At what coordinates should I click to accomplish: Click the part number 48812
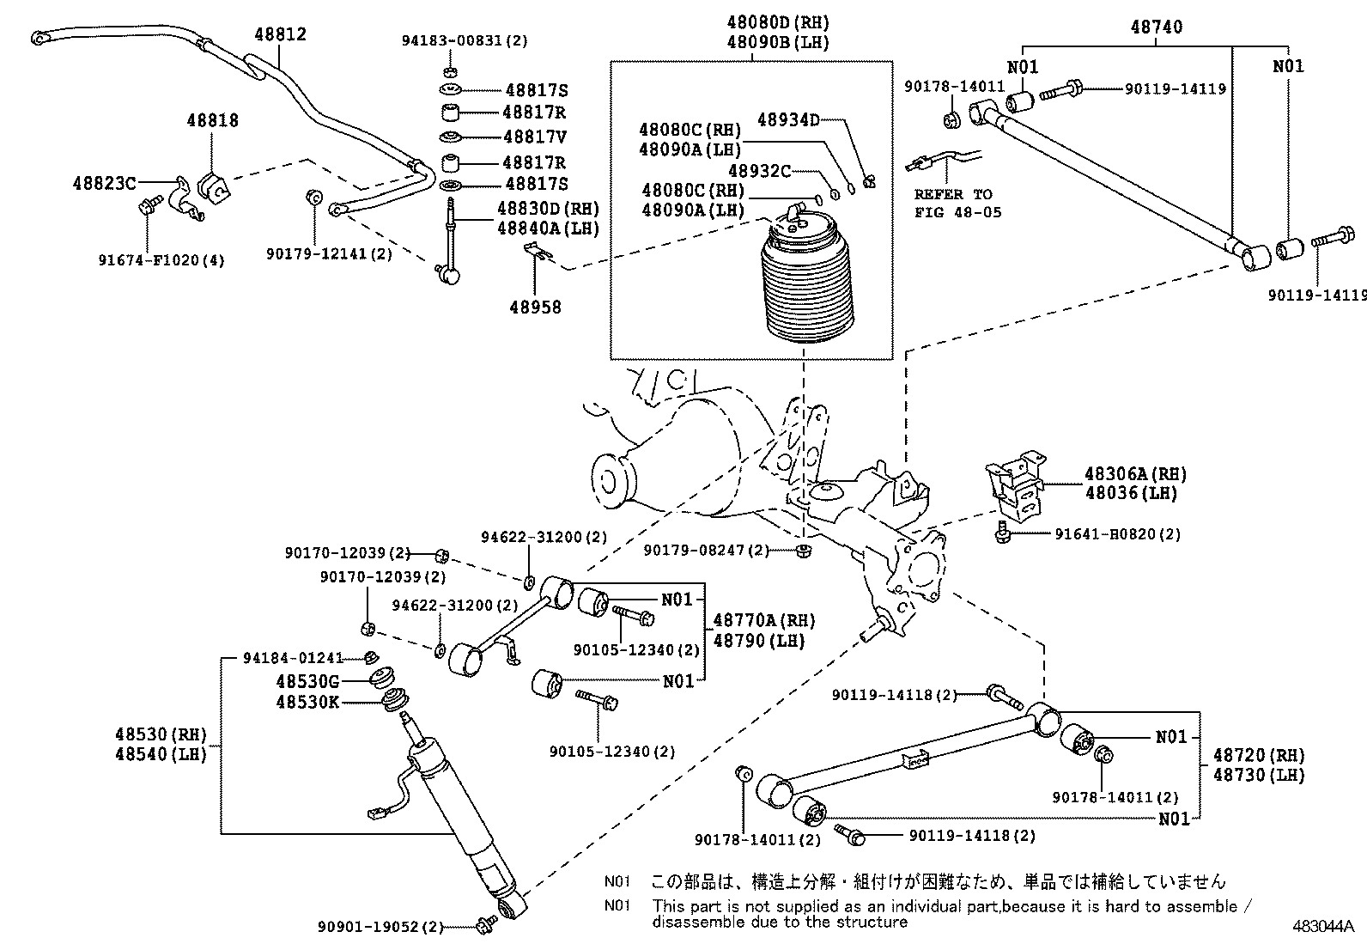[x=280, y=35]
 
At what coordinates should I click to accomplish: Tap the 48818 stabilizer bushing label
[x=212, y=121]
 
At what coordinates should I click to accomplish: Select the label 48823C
[x=104, y=183]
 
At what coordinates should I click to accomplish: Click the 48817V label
[x=535, y=137]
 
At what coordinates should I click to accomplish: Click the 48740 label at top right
[x=1156, y=27]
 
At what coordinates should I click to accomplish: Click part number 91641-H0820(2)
[x=1117, y=534]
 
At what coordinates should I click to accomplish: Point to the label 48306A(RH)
[x=1135, y=473]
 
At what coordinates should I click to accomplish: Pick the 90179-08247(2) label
[x=706, y=551]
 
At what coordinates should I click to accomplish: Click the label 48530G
[x=307, y=681]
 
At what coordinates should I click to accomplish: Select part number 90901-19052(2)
[x=380, y=927]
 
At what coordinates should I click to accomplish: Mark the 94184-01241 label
[x=293, y=659]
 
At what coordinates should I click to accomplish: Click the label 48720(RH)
[x=1258, y=756]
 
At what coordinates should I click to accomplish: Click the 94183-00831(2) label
[x=465, y=40]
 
